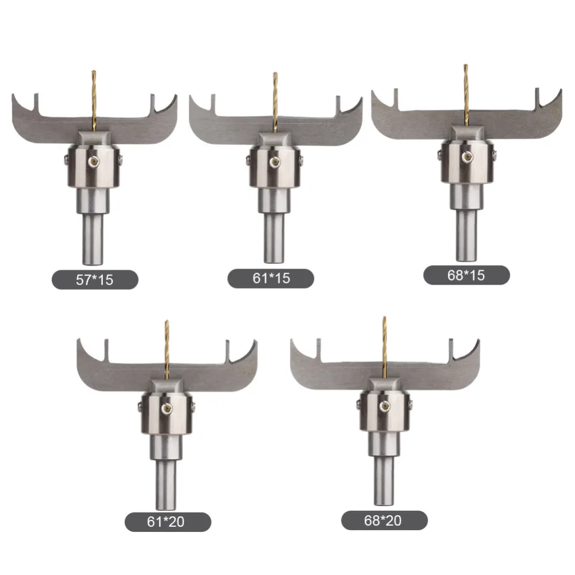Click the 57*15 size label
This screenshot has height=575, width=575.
tap(95, 280)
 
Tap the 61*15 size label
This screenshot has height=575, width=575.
tap(271, 278)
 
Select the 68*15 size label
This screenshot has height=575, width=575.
tap(466, 275)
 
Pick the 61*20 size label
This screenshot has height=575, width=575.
tap(167, 522)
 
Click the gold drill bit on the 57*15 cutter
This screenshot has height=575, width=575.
tap(94, 101)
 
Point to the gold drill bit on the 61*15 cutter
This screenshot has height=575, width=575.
tap(275, 102)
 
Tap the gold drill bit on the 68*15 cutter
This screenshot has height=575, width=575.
tap(466, 95)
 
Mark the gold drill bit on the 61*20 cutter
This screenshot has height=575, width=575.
tap(167, 350)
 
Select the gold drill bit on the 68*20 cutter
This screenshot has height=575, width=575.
tap(384, 347)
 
